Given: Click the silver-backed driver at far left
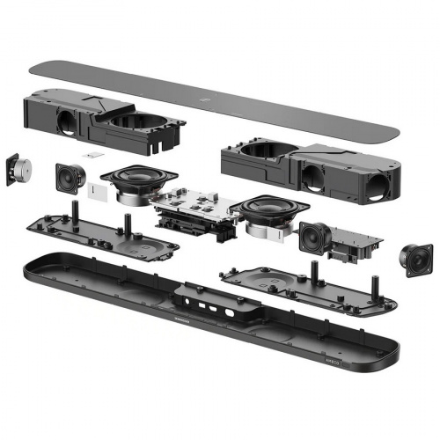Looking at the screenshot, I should click(17, 170).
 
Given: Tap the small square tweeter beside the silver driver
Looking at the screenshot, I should click(69, 178).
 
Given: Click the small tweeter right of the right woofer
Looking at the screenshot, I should click(313, 236).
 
